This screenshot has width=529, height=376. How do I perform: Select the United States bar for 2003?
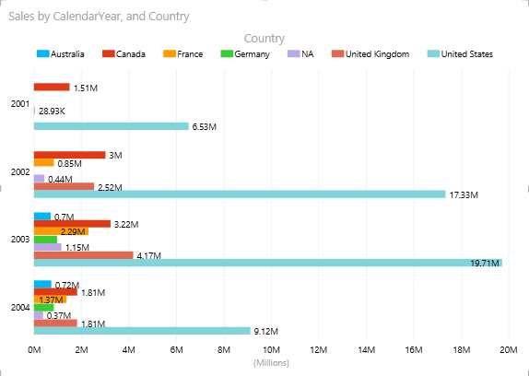tap(267, 263)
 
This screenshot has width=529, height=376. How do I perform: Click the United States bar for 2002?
tap(240, 194)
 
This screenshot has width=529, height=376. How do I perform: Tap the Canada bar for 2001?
tap(52, 88)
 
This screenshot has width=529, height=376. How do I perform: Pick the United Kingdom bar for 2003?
tap(83, 255)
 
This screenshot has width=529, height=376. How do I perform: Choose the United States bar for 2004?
tap(142, 331)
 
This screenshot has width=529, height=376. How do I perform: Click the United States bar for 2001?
tap(111, 126)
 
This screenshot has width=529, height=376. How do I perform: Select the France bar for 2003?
tap(61, 231)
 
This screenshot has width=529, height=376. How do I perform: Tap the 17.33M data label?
tap(463, 194)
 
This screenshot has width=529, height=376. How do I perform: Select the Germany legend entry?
tap(245, 54)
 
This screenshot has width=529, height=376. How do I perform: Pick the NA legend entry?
tap(300, 54)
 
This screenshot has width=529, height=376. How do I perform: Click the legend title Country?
tap(264, 38)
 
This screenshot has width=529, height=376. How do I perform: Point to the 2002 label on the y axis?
tap(18, 171)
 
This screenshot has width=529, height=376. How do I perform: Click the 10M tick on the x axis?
tap(271, 350)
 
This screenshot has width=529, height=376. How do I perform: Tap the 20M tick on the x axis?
tap(508, 350)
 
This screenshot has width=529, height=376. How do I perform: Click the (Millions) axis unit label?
tap(271, 363)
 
